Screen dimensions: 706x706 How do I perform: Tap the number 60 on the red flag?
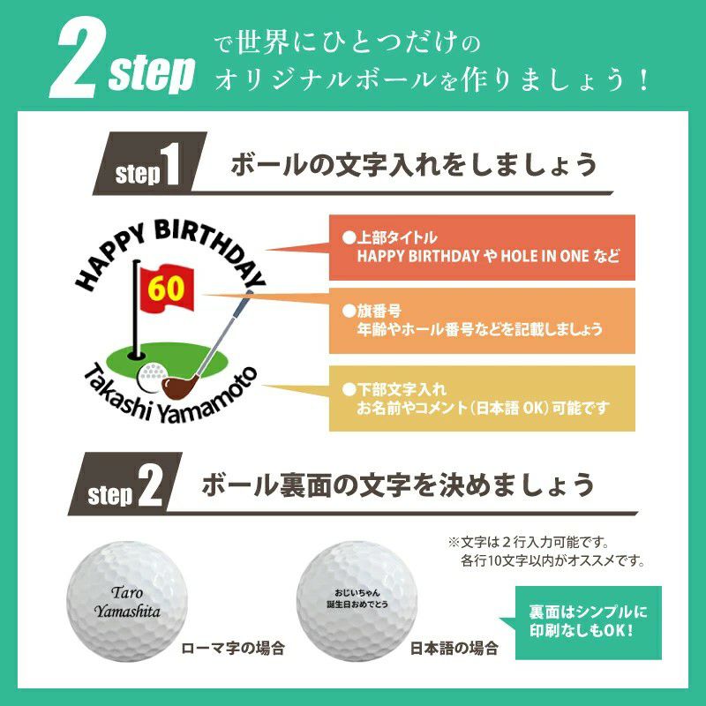(166, 289)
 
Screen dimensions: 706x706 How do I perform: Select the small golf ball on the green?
(152, 378)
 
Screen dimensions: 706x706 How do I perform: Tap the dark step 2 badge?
(125, 484)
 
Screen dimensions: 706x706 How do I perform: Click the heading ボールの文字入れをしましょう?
(413, 165)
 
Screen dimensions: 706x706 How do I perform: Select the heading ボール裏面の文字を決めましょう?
(398, 484)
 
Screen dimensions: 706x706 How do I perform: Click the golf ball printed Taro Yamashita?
(126, 602)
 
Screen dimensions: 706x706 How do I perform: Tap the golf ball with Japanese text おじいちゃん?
(357, 602)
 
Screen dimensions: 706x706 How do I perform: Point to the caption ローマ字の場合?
(233, 649)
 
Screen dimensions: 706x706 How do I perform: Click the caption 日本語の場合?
(454, 649)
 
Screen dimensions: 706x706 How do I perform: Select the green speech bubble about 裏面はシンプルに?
(585, 623)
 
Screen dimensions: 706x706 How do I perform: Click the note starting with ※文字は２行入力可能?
(546, 551)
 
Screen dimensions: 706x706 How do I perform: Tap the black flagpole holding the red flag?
(136, 309)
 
